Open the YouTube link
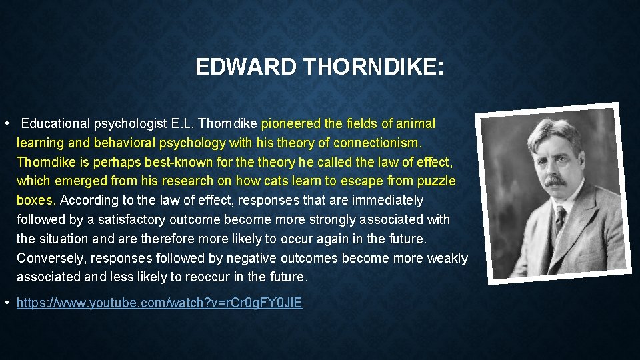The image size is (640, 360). click(159, 303)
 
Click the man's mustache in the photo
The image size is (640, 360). click(556, 181)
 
